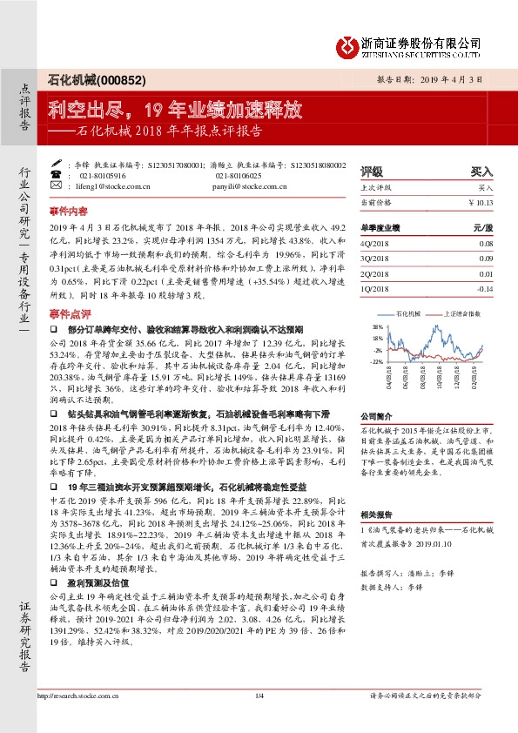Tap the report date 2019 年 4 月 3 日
454,79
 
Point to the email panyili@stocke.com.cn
252,185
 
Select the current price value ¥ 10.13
480,202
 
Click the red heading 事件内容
69,211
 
